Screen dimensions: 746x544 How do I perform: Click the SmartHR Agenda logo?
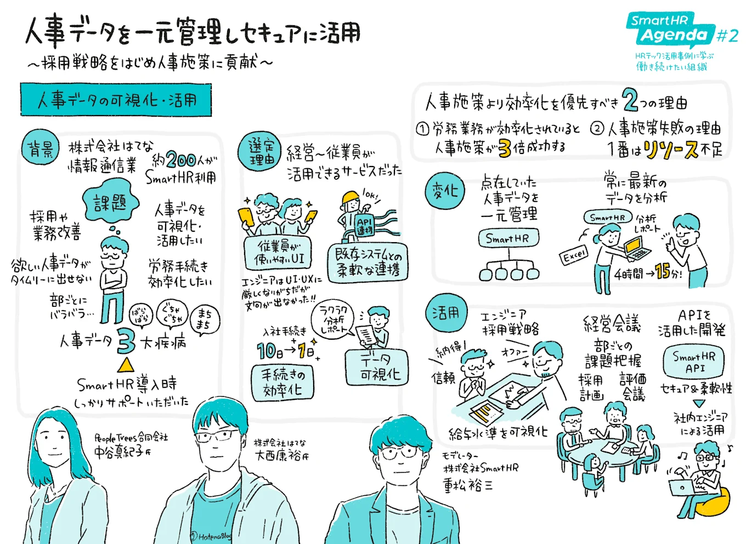point(670,30)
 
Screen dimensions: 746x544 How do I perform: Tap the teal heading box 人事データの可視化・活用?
point(116,100)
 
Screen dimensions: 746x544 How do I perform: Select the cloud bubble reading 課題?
point(110,203)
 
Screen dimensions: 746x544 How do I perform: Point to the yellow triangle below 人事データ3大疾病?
point(126,365)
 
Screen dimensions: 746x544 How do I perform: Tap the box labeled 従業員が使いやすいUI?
point(278,253)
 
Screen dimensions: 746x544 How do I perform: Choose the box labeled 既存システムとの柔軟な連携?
point(368,262)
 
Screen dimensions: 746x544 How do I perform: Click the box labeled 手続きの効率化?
point(282,382)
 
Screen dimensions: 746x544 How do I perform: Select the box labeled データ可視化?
point(376,368)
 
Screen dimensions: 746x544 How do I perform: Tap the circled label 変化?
point(444,191)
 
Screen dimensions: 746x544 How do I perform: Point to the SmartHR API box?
point(694,362)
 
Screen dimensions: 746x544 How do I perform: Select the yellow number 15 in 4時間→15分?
point(662,271)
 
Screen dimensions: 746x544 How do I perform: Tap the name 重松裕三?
point(467,485)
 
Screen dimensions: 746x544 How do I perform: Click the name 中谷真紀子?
point(119,451)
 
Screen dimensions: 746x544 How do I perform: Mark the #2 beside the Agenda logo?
point(727,36)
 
